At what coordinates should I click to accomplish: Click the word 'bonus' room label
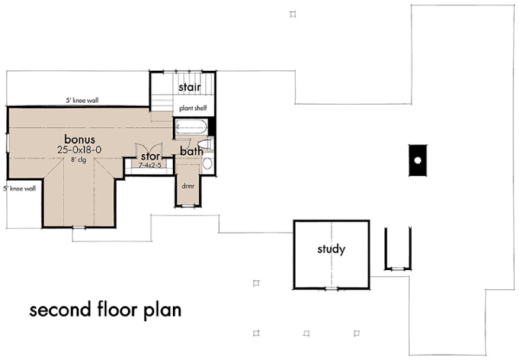(80, 138)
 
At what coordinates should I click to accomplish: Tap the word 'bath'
(191, 151)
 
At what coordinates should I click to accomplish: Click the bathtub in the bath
(192, 128)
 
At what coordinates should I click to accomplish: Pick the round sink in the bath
(207, 164)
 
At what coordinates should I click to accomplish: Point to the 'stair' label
(190, 87)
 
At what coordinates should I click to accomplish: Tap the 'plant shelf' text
(193, 108)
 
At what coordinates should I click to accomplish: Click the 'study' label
(331, 249)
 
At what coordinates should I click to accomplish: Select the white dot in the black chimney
(417, 160)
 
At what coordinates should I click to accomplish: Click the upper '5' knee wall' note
(82, 100)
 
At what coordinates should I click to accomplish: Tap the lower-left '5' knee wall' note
(20, 189)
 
